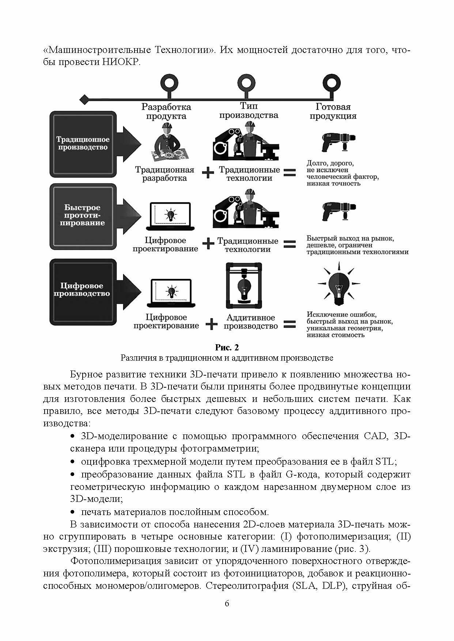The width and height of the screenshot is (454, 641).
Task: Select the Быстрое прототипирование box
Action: click(83, 215)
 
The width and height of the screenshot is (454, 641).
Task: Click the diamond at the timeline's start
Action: click(84, 99)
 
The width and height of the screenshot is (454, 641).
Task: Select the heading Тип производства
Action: click(249, 111)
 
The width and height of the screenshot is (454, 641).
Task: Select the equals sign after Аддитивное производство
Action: click(290, 324)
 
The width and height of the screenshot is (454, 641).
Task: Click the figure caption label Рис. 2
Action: click(227, 347)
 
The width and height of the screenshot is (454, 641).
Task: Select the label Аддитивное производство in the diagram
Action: click(250, 322)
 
